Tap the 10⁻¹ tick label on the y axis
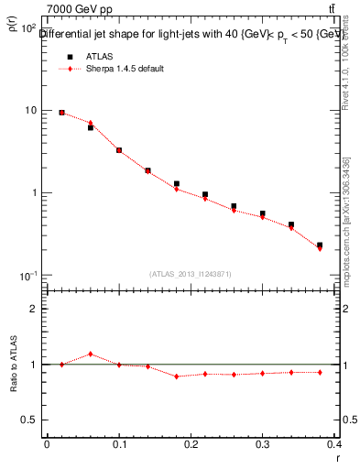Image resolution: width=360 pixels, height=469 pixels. [27, 276]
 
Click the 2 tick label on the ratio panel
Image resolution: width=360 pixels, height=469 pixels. [32, 309]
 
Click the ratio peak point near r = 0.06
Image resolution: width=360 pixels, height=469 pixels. [91, 354]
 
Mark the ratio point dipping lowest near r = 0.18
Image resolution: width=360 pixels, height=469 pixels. [177, 376]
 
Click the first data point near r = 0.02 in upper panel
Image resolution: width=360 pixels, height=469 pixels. [61, 113]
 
